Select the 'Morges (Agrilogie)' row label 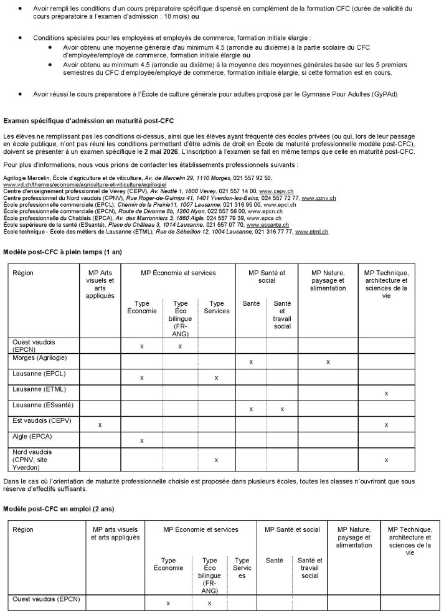[x=39, y=358]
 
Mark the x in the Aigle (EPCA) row [x=142, y=440]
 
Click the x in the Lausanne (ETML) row [x=386, y=393]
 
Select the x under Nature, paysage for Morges [x=328, y=362]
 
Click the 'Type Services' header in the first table [x=216, y=306]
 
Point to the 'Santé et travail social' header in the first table [x=281, y=315]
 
